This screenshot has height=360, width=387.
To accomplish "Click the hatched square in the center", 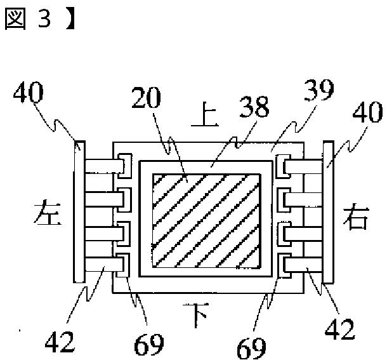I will point(206,219).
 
